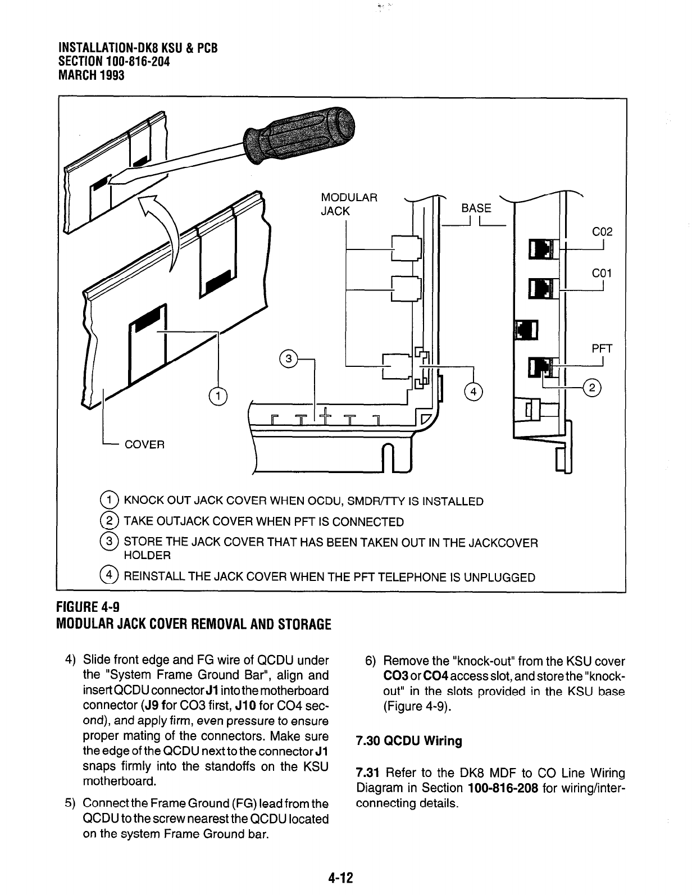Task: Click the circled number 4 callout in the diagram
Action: (x=474, y=392)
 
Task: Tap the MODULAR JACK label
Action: (x=348, y=205)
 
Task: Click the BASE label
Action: (x=476, y=208)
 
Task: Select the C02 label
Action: (x=602, y=232)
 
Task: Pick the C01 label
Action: (x=602, y=274)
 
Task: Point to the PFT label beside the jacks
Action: (x=602, y=349)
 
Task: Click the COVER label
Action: (x=144, y=444)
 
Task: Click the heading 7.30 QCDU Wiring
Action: (x=409, y=741)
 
